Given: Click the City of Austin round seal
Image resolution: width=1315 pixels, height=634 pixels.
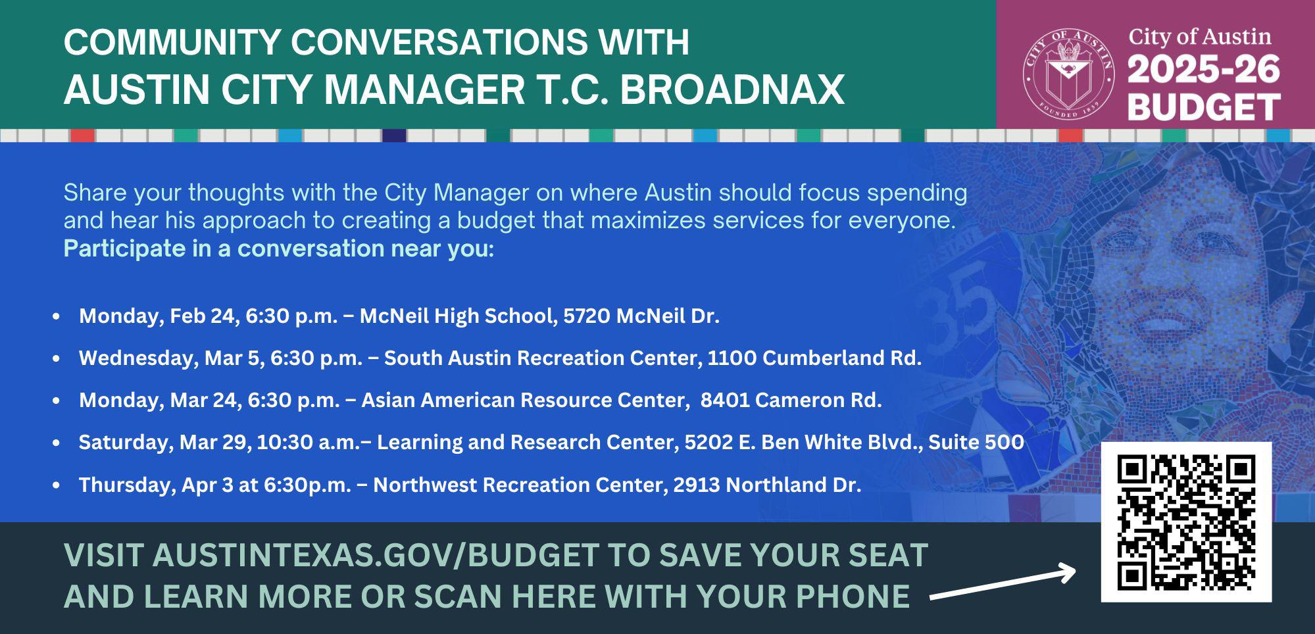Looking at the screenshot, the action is click(x=1068, y=74).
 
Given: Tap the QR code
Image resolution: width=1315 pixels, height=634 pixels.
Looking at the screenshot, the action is click(x=1186, y=522).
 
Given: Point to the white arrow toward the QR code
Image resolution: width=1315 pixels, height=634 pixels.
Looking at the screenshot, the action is click(x=1003, y=584).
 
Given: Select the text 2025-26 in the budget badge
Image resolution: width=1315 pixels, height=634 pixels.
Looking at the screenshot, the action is click(x=1204, y=70).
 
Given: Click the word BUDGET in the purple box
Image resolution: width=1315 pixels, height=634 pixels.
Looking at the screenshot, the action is click(x=1204, y=107).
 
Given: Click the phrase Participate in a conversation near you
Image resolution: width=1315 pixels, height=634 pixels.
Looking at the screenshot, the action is click(x=278, y=249).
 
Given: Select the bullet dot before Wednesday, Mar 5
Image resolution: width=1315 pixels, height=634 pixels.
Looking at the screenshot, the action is click(x=57, y=358).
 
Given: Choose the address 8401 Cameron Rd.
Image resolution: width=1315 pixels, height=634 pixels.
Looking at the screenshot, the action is click(x=791, y=400).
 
